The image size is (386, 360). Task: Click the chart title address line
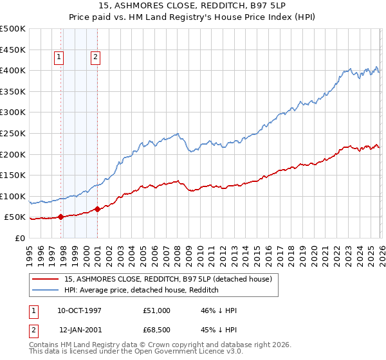tap(192, 6)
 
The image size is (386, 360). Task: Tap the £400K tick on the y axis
tap(13, 70)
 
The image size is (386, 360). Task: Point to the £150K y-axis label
tap(13, 175)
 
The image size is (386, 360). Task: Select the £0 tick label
tap(19, 238)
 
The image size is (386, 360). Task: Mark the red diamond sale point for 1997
tap(60, 217)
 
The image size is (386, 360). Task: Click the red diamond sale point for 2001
tap(97, 209)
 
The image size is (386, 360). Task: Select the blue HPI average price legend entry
tap(142, 291)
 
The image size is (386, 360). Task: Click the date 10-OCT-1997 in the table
tap(80, 310)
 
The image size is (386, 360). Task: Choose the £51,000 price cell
tap(157, 310)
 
